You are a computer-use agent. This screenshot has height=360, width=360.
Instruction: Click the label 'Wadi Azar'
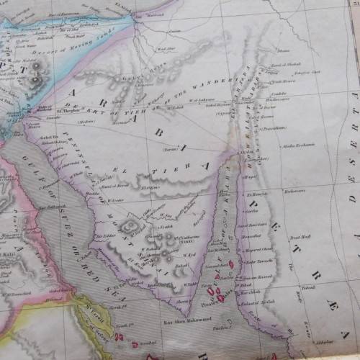(x=166, y=50)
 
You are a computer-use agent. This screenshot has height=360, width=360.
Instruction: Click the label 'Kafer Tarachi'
(x=260, y=261)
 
